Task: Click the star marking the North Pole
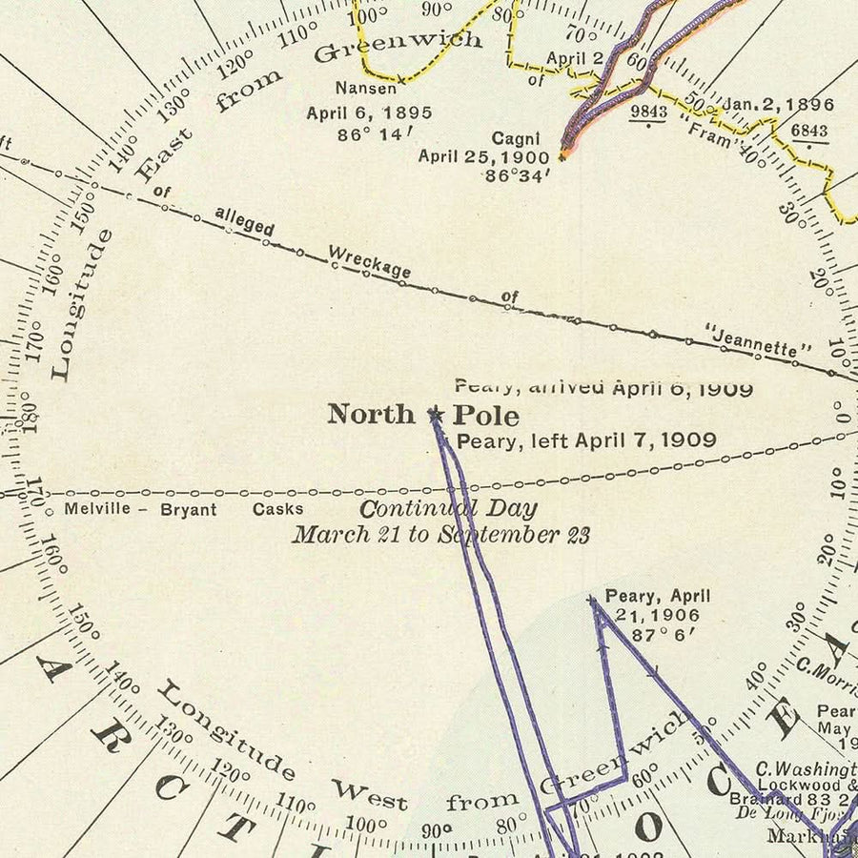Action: point(436,415)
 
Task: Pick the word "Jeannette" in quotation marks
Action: point(759,340)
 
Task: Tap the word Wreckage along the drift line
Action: point(369,262)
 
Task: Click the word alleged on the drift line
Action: point(244,221)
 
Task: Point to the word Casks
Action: point(277,509)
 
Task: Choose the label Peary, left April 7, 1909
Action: point(586,440)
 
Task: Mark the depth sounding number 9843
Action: point(648,111)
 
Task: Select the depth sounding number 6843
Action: point(809,129)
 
